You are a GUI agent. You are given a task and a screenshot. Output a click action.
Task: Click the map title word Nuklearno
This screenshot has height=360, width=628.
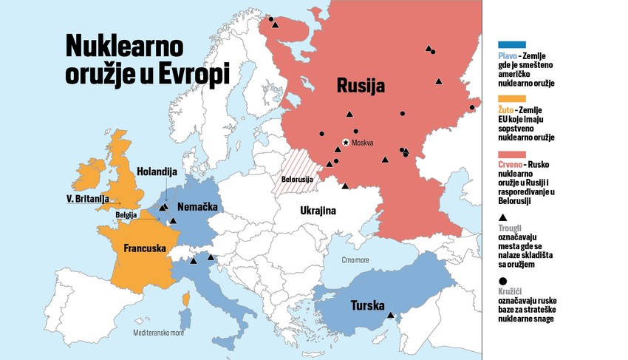point(124,46)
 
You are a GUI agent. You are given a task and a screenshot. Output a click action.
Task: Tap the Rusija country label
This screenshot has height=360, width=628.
point(361,86)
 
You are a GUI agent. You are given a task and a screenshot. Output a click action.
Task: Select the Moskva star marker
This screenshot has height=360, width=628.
point(345,142)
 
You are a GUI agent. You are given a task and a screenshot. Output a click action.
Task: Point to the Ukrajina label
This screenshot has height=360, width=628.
point(318,211)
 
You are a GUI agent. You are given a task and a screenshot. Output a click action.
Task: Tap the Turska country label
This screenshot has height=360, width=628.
point(366,304)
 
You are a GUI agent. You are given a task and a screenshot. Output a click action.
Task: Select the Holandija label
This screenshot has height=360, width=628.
point(157,171)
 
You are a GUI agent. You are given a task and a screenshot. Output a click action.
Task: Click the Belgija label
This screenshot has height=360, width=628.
point(127,215)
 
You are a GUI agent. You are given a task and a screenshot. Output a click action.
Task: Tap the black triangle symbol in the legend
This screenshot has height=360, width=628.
point(503,217)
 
